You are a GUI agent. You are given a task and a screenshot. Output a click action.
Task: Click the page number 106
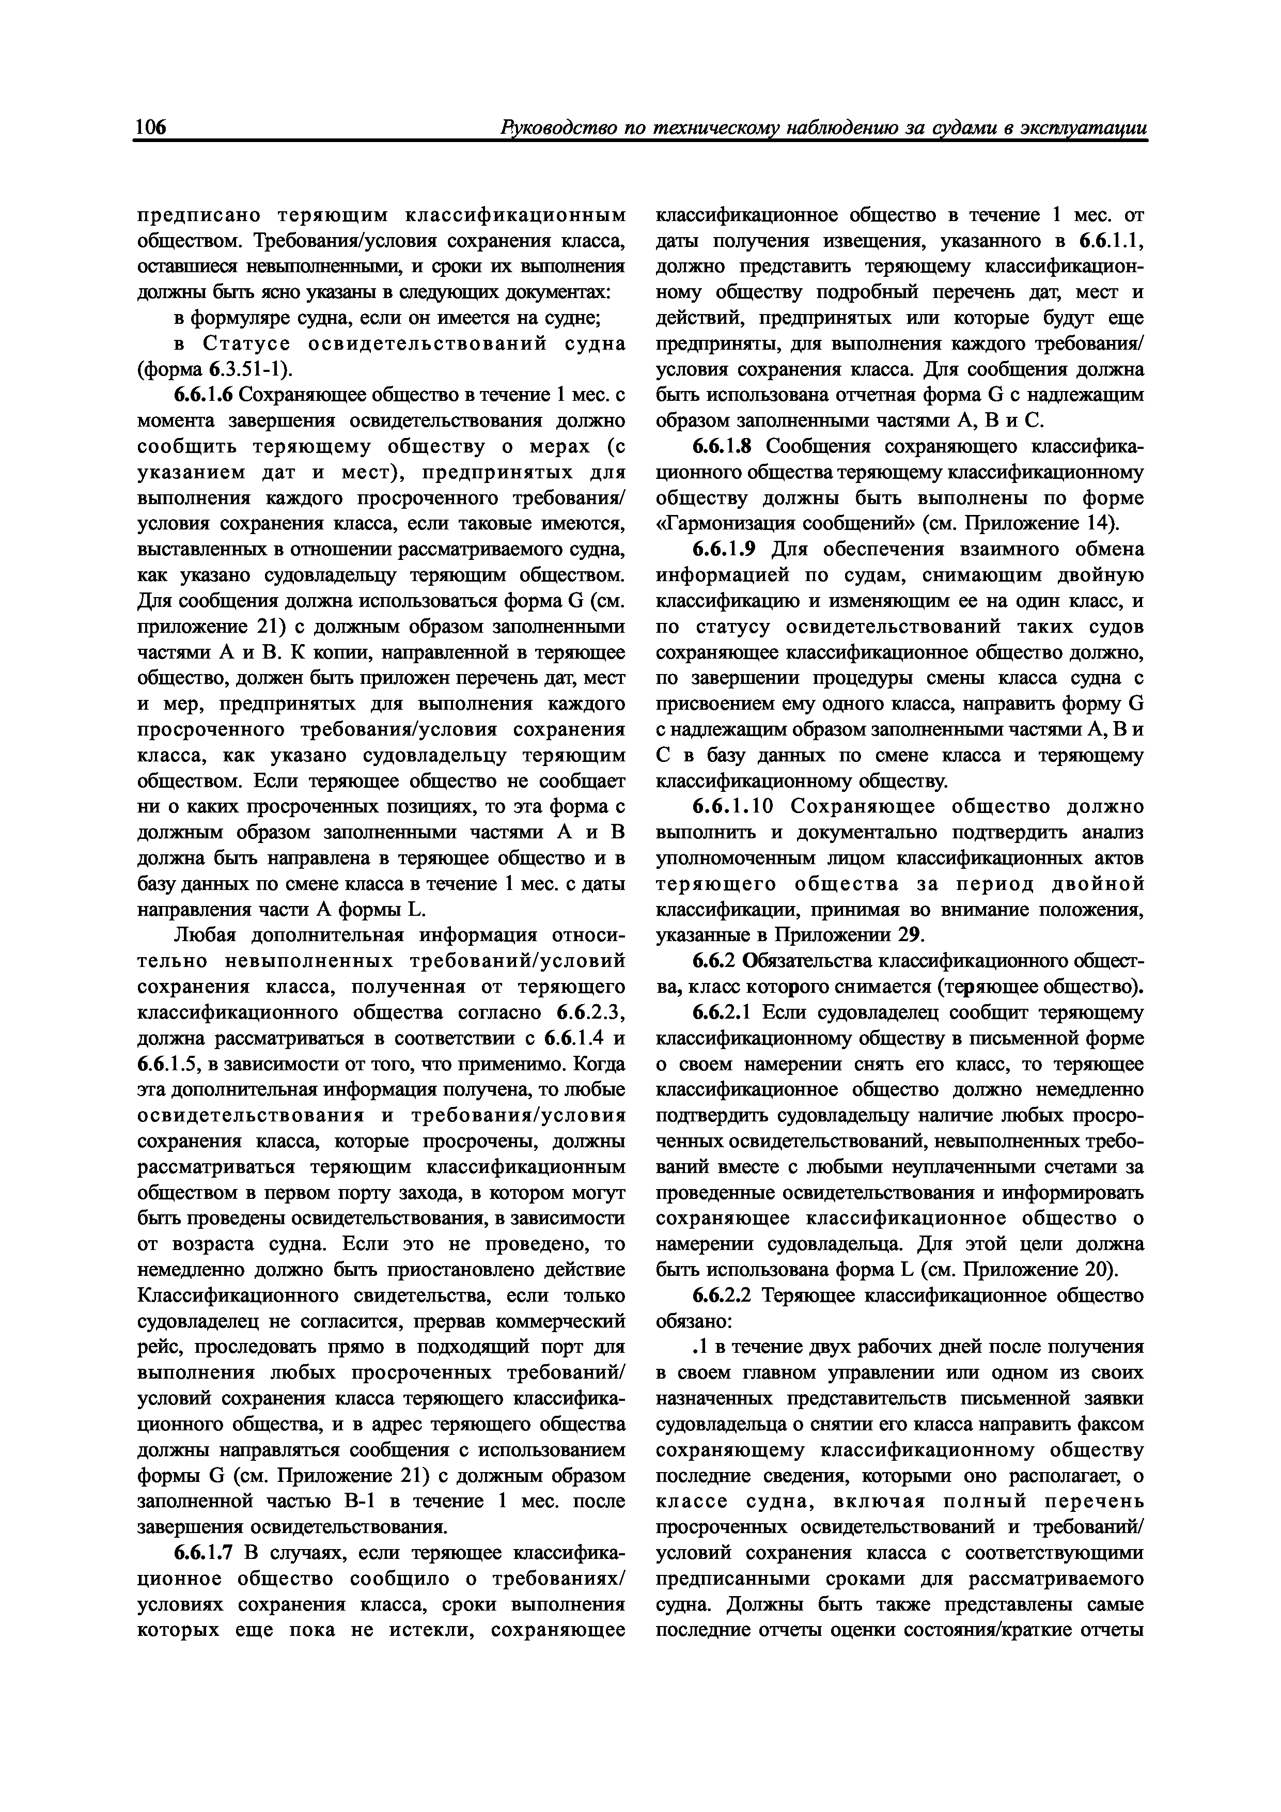click(151, 128)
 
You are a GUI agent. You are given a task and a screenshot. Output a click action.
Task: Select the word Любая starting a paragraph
click(205, 936)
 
